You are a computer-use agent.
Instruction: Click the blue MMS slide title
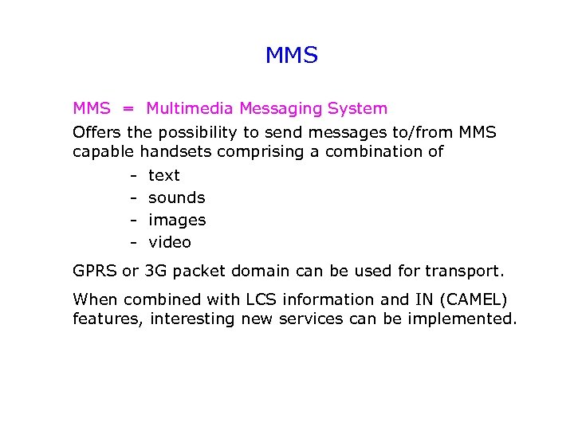click(291, 56)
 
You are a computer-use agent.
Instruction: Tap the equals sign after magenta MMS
click(128, 108)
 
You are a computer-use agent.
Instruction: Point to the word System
click(356, 108)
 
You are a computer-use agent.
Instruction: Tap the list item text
click(164, 175)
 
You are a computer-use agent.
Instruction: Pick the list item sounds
click(177, 197)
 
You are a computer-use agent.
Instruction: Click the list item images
click(177, 220)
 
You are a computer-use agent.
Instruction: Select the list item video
click(170, 242)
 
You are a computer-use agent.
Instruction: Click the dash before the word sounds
click(135, 197)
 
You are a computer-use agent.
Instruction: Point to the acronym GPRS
click(95, 271)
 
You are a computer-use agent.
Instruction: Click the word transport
click(465, 271)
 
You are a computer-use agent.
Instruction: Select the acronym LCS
click(265, 299)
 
